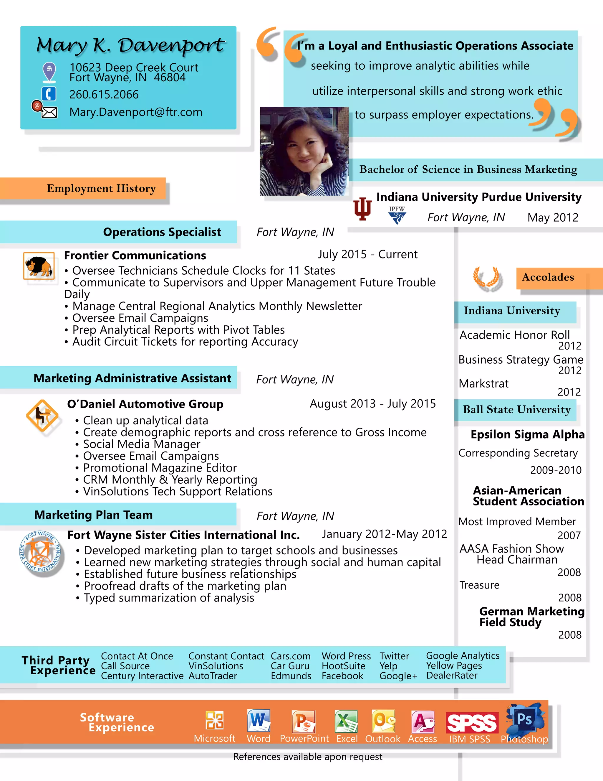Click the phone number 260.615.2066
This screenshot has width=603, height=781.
104,94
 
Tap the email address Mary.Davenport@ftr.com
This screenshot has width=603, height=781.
136,112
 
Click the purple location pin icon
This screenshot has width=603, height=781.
49,71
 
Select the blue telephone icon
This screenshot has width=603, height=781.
49,94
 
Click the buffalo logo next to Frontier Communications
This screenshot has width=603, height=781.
39,266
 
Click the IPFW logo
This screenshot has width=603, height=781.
397,215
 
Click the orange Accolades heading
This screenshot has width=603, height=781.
548,277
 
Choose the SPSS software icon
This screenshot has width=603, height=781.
472,723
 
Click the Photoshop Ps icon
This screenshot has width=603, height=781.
524,719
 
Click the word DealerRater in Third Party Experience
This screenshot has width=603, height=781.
452,675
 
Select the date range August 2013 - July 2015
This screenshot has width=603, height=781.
372,404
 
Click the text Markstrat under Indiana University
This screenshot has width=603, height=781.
483,384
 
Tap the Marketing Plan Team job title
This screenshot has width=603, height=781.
94,515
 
